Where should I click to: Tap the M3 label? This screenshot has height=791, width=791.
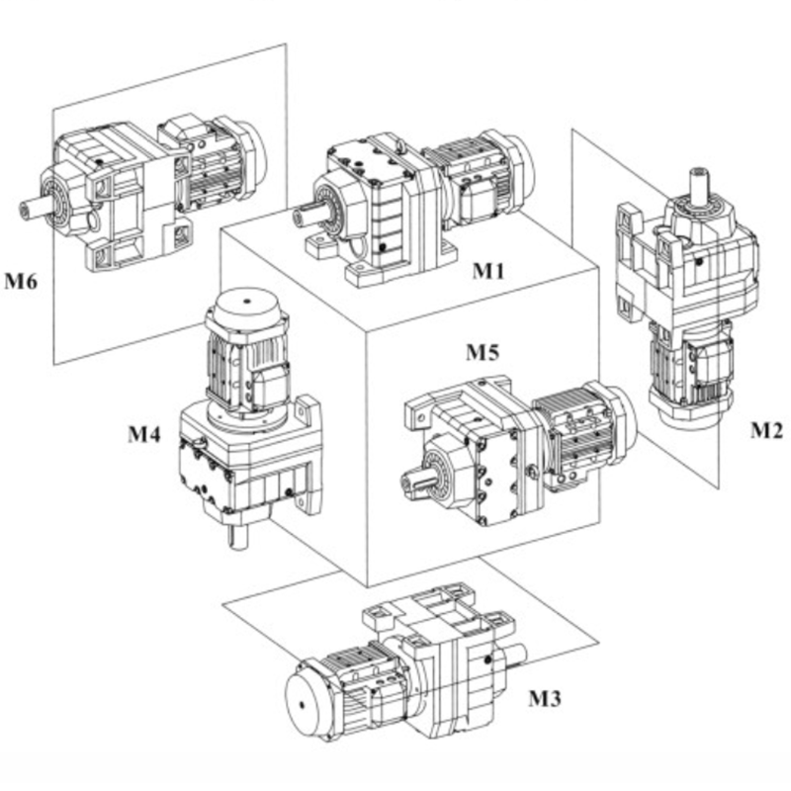(545, 699)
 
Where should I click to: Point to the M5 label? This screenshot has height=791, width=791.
(483, 351)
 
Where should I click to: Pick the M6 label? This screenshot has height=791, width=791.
(19, 282)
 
